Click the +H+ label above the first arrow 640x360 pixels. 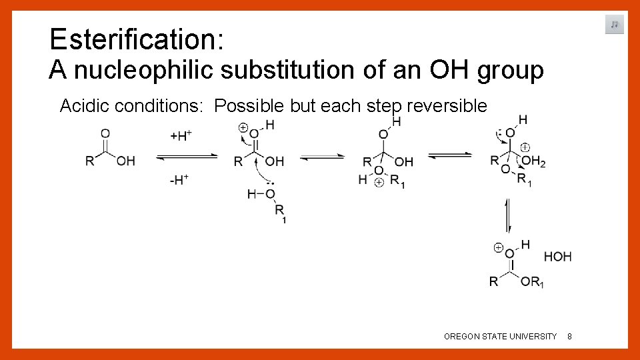[x=181, y=137]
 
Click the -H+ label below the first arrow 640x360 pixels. [x=179, y=180]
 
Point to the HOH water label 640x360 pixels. [x=557, y=257]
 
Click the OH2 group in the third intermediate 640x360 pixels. [x=533, y=161]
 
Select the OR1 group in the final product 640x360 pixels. [x=532, y=282]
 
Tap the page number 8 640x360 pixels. [x=569, y=337]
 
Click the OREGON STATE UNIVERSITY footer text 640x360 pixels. [x=500, y=337]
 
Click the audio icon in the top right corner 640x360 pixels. [x=615, y=25]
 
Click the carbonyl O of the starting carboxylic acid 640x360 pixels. [x=105, y=133]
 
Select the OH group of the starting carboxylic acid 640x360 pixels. [x=125, y=161]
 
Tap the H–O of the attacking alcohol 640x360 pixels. [x=261, y=194]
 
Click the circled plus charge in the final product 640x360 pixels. [x=497, y=247]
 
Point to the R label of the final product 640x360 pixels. [x=493, y=282]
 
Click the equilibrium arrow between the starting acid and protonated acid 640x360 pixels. [x=187, y=157]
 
